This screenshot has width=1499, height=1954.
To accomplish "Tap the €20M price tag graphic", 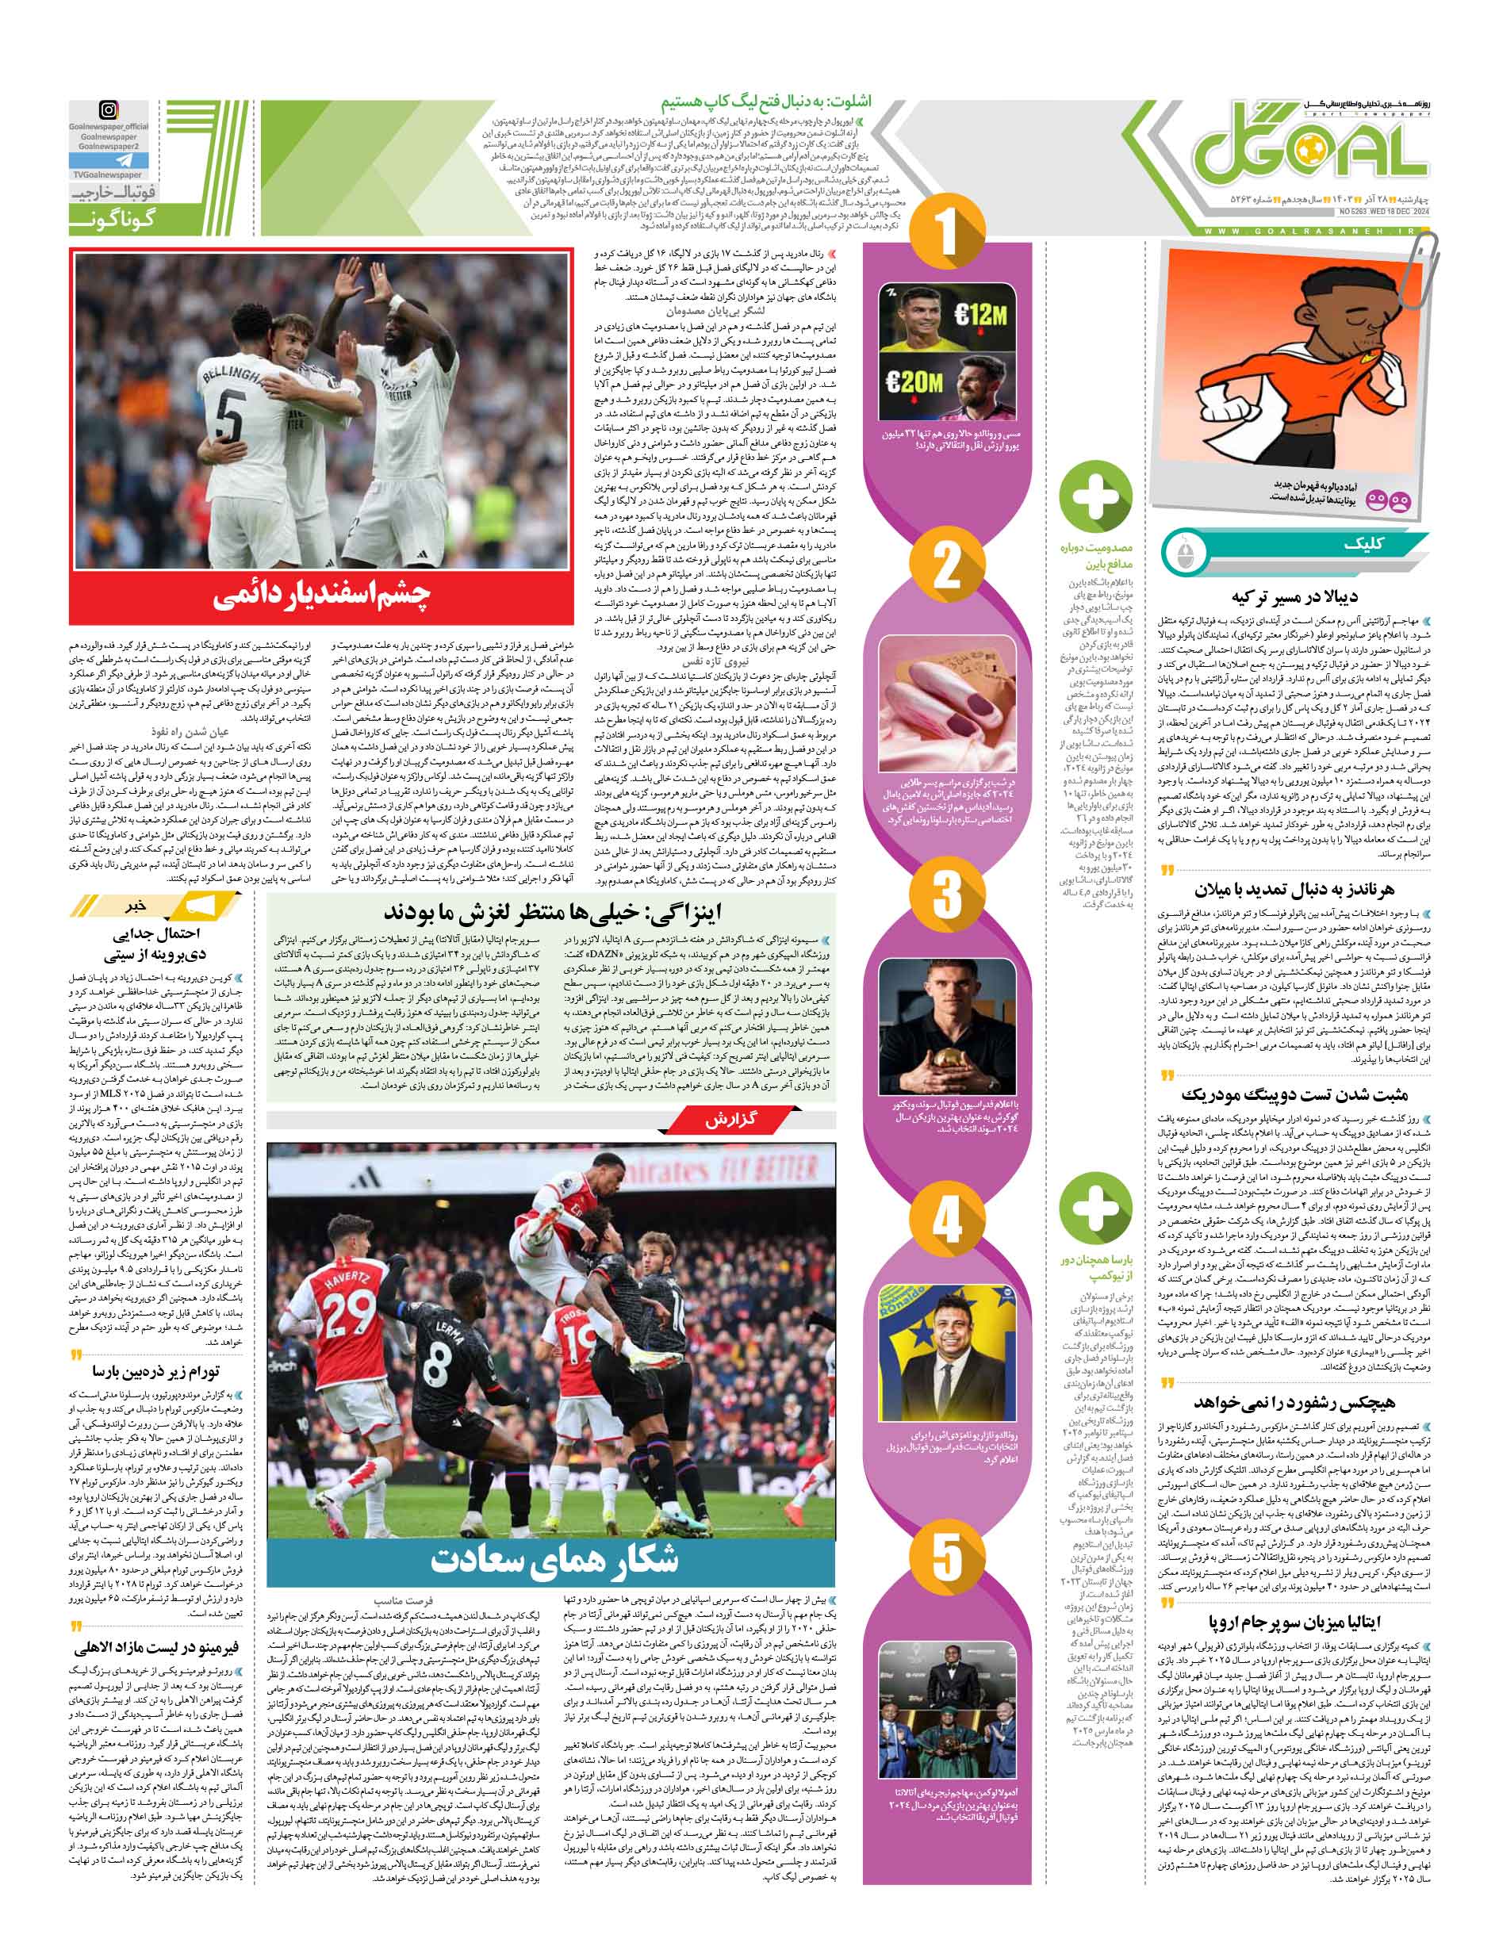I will (912, 383).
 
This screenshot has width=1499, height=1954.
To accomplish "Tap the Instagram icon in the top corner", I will (108, 111).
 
